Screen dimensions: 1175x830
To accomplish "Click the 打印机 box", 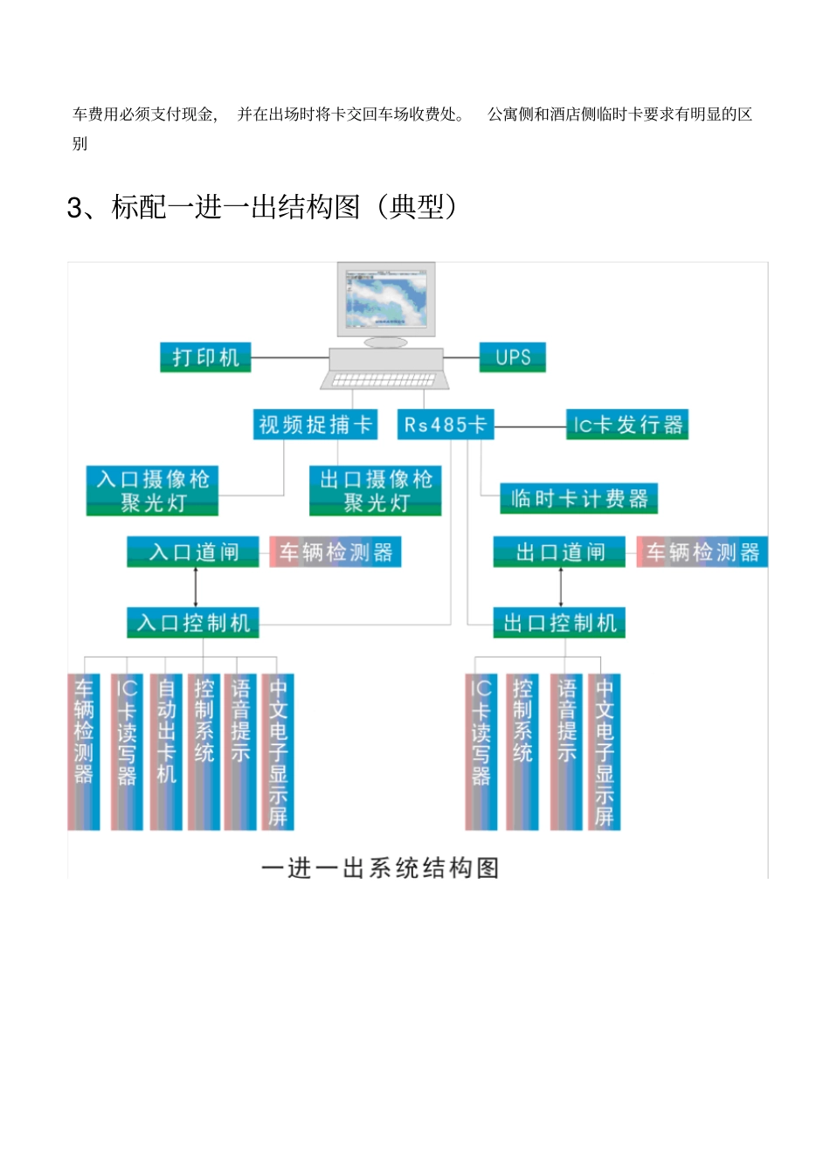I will (x=205, y=357).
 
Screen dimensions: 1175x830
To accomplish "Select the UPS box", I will (x=512, y=357).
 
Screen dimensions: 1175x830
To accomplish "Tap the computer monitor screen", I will (x=386, y=297).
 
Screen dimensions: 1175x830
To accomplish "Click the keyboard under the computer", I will (x=384, y=380).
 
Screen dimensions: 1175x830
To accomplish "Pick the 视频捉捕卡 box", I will (x=315, y=425).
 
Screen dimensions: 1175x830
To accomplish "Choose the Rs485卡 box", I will (x=445, y=425).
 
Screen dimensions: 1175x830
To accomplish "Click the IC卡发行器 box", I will (x=626, y=425).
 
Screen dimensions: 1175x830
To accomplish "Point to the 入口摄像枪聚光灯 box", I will (x=152, y=490).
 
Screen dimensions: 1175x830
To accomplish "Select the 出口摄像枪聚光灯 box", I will (x=376, y=490).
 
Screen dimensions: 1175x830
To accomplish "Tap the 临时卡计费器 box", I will (x=578, y=499).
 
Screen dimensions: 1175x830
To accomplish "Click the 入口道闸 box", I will (x=193, y=552).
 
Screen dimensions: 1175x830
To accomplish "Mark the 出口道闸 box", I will (x=559, y=552).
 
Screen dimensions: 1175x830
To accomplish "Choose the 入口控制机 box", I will (x=193, y=623).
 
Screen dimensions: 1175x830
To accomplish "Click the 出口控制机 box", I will (x=559, y=623).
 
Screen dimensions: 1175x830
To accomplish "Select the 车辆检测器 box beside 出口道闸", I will (x=702, y=552).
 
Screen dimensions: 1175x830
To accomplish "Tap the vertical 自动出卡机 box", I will (x=166, y=751).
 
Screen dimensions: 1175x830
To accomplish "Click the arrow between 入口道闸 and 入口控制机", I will (x=196, y=587).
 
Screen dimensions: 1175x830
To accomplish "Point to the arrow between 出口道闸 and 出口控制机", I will (x=561, y=587).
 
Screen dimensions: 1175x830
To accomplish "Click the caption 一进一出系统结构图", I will (x=380, y=867).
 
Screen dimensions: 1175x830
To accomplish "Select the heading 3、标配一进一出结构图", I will (x=262, y=207).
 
